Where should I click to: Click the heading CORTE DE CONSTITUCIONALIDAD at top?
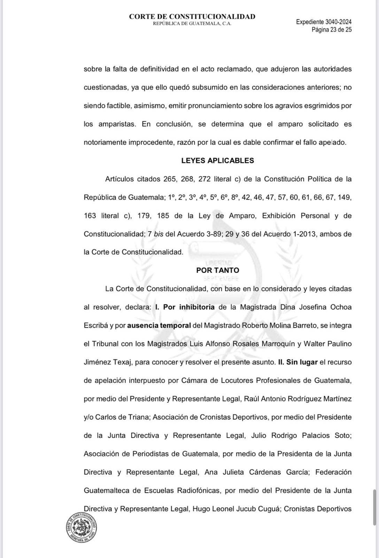point(192,16)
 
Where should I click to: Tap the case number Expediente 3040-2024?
point(324,22)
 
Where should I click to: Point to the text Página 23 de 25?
point(331,30)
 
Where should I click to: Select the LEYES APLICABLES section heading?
point(217,160)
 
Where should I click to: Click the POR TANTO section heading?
point(217,270)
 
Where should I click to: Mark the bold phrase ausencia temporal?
point(159,325)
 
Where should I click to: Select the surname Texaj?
point(120,362)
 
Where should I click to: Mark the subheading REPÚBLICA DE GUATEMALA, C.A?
point(192,23)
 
